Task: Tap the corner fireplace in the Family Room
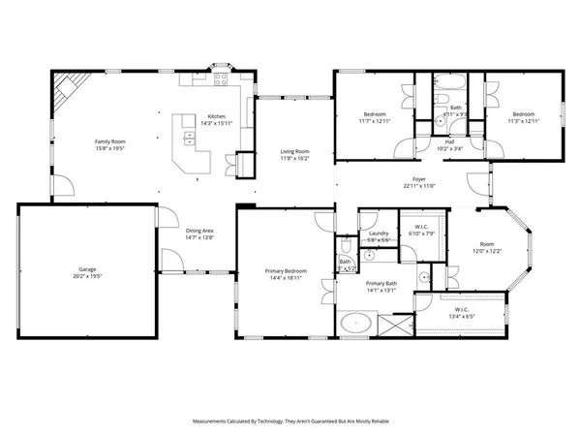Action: pyautogui.click(x=64, y=93)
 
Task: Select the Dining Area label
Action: pyautogui.click(x=199, y=230)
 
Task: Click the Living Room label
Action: pyautogui.click(x=295, y=151)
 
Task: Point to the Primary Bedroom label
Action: pyautogui.click(x=288, y=270)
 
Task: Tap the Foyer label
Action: pyautogui.click(x=419, y=179)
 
